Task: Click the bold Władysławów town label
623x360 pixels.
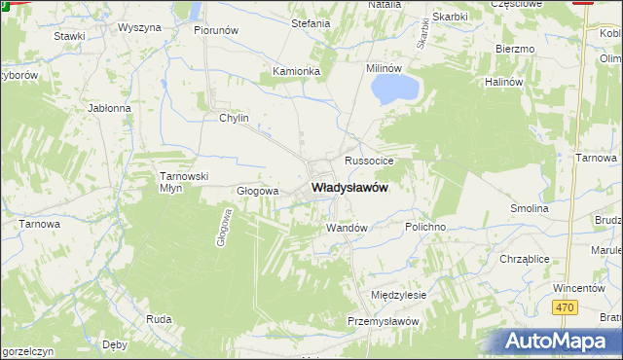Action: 349,189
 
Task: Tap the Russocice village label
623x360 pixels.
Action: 367,159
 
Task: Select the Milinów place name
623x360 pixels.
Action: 384,68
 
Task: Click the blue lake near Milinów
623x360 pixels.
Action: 394,90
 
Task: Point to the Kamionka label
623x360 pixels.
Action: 296,71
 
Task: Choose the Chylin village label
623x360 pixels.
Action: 235,119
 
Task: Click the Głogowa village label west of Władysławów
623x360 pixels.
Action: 258,191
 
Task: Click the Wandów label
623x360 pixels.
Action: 346,228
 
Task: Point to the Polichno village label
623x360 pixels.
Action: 425,226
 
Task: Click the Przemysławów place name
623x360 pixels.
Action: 383,321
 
